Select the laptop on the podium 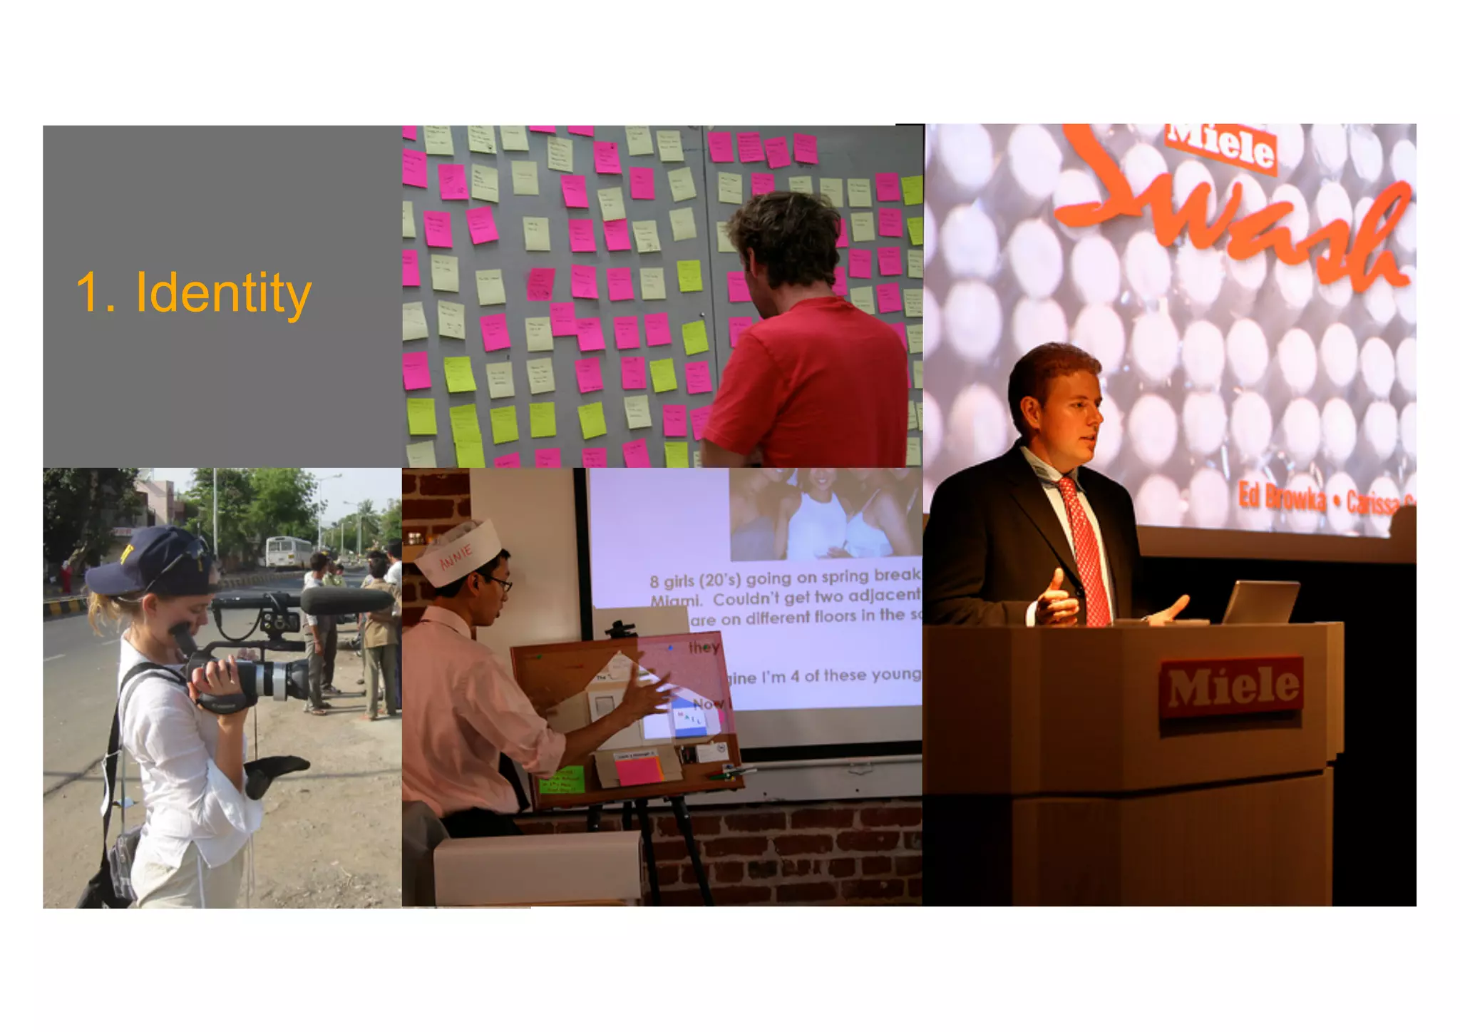1260,602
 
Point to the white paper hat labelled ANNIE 456,553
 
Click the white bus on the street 289,552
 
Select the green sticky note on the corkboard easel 561,780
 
